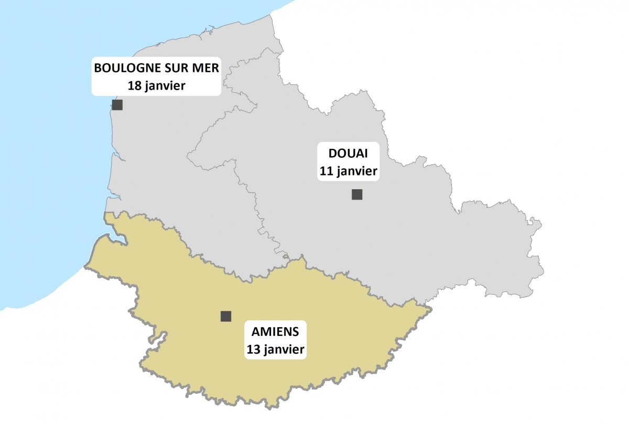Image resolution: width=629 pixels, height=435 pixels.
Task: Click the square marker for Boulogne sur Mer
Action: click(x=117, y=105)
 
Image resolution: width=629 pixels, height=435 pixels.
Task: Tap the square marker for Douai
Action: click(x=357, y=194)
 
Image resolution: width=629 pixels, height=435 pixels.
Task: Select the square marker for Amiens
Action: click(x=226, y=316)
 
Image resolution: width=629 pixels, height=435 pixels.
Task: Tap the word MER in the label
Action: click(x=203, y=68)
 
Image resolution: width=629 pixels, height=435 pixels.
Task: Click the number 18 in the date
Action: click(x=135, y=85)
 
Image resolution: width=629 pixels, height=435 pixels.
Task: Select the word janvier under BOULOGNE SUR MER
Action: click(x=165, y=85)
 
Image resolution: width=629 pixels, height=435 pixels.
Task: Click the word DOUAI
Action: click(x=348, y=154)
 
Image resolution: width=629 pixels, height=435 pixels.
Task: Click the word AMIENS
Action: click(x=275, y=331)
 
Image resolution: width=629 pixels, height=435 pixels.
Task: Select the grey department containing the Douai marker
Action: click(x=419, y=236)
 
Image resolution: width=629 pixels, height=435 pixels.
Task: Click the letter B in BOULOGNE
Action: click(x=97, y=68)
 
